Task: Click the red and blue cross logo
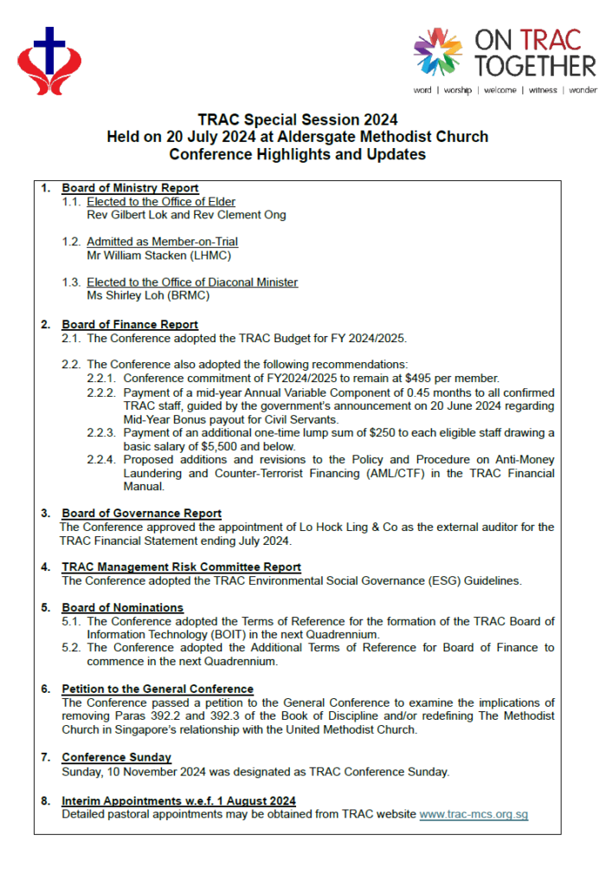click(49, 61)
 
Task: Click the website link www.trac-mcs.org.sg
click(474, 814)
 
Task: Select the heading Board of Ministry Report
click(130, 188)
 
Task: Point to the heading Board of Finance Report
click(130, 325)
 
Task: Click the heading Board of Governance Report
click(141, 514)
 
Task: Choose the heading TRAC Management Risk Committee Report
click(181, 567)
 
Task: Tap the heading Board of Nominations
click(122, 608)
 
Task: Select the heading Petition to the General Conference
click(157, 690)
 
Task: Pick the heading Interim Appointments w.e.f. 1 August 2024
click(178, 801)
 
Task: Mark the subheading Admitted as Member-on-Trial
click(162, 242)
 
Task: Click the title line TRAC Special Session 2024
click(297, 120)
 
